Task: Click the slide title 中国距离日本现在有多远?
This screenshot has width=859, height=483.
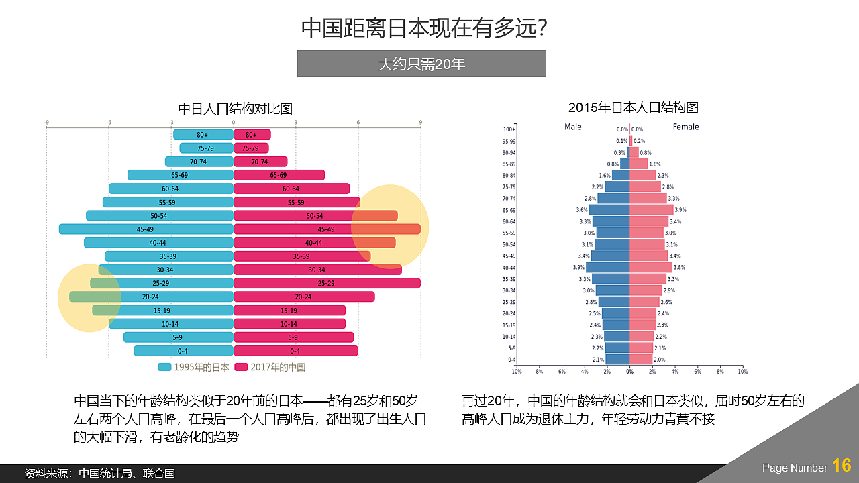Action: click(428, 29)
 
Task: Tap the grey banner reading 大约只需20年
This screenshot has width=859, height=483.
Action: click(421, 64)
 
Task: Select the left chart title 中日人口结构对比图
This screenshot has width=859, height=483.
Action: click(235, 109)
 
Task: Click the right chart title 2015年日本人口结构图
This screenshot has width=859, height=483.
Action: click(634, 107)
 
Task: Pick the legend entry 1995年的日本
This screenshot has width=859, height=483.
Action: click(195, 367)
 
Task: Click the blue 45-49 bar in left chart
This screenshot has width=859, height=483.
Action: click(146, 229)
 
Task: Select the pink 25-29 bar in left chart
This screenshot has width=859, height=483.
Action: click(326, 283)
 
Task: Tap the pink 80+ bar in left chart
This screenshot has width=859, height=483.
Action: click(252, 135)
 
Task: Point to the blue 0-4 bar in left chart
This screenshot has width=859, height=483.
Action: click(183, 351)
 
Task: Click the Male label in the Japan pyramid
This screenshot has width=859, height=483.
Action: click(573, 127)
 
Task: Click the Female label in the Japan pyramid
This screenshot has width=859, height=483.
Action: click(686, 127)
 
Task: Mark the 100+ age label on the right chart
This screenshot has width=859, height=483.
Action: click(509, 129)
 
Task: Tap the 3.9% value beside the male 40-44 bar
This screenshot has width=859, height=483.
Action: click(578, 267)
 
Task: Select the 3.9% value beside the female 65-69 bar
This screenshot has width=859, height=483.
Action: click(680, 210)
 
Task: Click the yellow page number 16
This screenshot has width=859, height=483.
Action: click(842, 466)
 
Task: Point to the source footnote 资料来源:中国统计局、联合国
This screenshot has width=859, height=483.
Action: click(99, 473)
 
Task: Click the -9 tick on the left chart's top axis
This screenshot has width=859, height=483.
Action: click(46, 123)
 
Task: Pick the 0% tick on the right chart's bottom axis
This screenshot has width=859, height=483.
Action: click(629, 371)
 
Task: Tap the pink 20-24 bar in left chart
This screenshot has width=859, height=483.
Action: click(303, 297)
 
